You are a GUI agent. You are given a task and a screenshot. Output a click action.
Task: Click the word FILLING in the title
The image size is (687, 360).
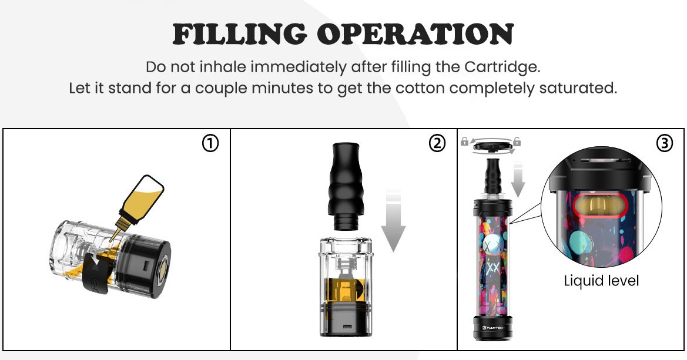click(239, 34)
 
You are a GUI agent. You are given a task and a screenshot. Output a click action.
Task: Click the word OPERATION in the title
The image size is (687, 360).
click(415, 34)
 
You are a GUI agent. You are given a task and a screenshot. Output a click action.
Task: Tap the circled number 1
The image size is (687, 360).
click(210, 143)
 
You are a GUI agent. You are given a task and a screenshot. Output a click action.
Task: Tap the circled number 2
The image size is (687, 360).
click(437, 143)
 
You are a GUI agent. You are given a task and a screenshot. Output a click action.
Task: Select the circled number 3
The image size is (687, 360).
click(664, 143)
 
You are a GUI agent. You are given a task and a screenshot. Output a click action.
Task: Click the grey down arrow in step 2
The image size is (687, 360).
click(393, 221)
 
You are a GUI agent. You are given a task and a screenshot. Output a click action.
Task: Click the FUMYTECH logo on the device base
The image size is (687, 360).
click(493, 327)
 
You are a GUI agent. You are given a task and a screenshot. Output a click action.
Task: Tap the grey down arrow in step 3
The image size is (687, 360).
click(518, 179)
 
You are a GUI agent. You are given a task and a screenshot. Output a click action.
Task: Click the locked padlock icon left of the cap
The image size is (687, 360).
click(464, 141)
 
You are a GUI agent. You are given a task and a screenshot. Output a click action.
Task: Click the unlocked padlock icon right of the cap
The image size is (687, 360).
click(517, 141)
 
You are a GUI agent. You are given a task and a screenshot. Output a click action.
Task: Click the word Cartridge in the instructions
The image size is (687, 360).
click(501, 67)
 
